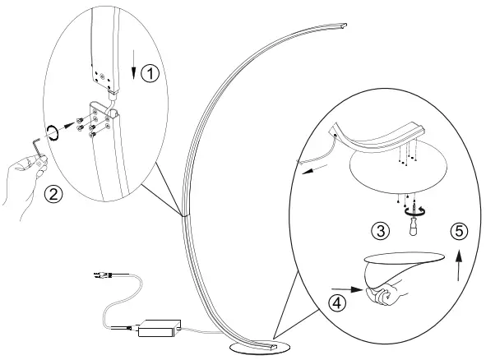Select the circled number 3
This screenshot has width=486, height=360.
pyautogui.click(x=381, y=232)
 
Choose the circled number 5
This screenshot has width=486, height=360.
pyautogui.click(x=460, y=231)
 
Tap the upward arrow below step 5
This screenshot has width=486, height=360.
pyautogui.click(x=459, y=267)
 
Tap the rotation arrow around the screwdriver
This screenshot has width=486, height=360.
pyautogui.click(x=410, y=210)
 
